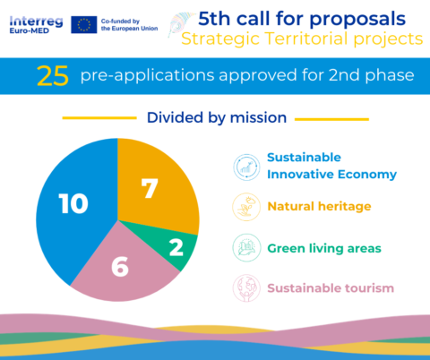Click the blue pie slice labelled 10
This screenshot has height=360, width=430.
coord(72,206)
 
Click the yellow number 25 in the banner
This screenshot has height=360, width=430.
coord(53,76)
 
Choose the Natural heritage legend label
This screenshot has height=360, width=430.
coord(319,206)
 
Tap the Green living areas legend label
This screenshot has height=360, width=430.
coord(324,247)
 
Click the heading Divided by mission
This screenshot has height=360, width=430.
coord(216,117)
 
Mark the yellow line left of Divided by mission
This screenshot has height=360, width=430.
coord(99,117)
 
